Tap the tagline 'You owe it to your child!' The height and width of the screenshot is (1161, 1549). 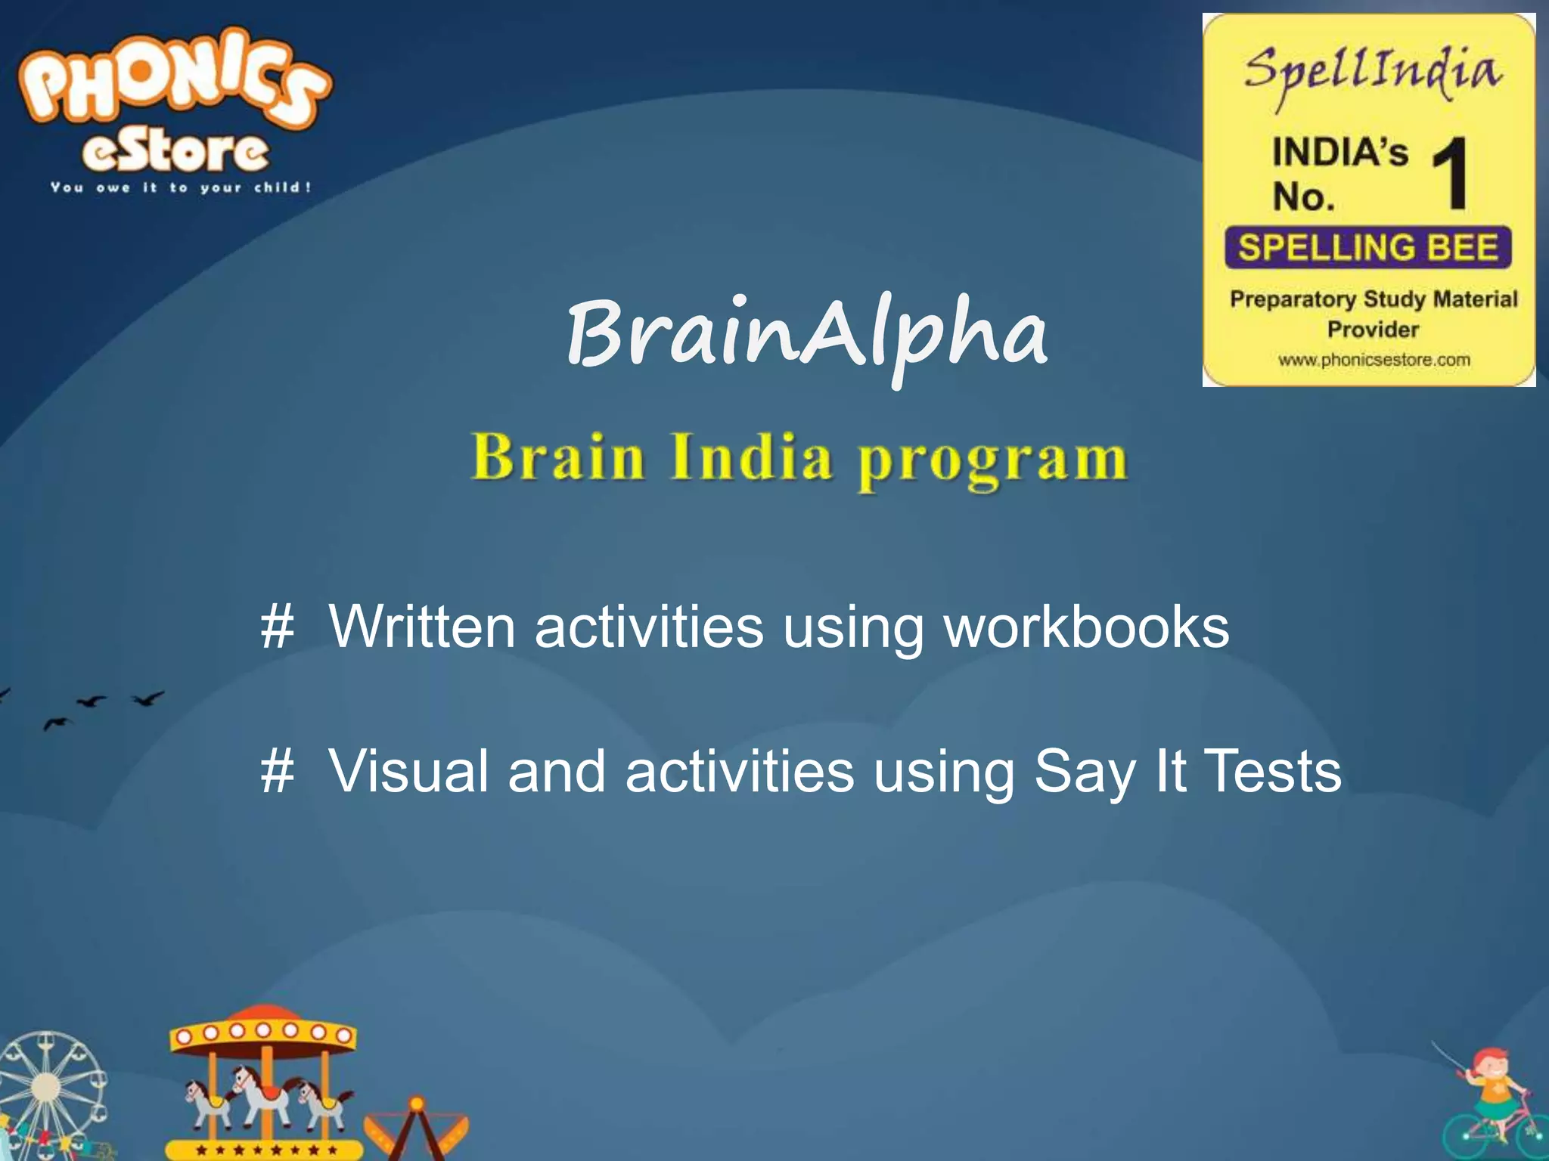tap(181, 187)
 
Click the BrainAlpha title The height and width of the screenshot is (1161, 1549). tap(807, 334)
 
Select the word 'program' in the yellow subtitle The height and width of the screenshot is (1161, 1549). tap(992, 460)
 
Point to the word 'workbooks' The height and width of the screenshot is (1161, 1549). tap(1086, 627)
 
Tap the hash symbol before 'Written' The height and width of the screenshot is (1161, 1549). tap(277, 627)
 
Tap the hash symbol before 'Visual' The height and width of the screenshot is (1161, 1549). tap(277, 772)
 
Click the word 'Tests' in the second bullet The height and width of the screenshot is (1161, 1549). tap(1271, 772)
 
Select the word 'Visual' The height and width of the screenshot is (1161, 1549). tap(408, 772)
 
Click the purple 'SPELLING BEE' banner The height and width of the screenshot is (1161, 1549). tap(1367, 248)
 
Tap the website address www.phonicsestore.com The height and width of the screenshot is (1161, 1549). tap(1374, 360)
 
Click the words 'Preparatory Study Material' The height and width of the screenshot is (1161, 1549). tap(1374, 299)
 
